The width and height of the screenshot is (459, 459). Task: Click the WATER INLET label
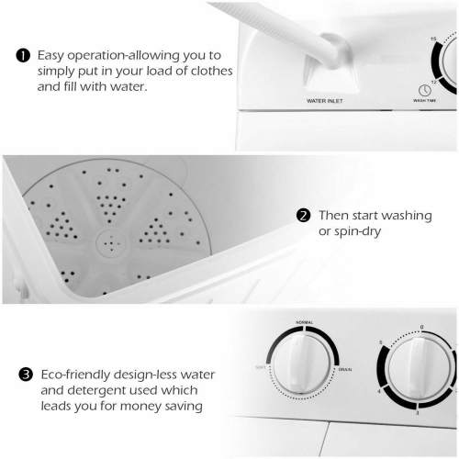click(x=324, y=100)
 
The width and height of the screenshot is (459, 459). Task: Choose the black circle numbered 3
click(x=26, y=375)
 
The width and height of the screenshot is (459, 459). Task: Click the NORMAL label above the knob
click(x=304, y=323)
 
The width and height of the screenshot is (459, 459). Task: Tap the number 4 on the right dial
click(x=379, y=393)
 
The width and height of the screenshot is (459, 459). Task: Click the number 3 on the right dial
click(x=417, y=415)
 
